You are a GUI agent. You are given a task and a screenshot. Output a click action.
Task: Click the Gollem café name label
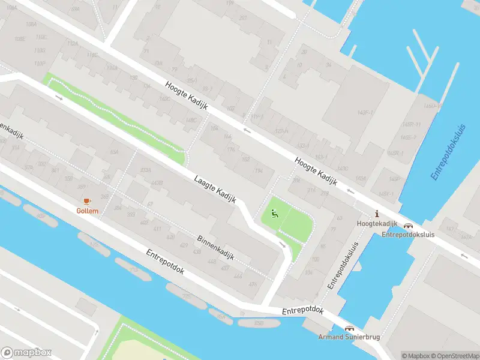(88, 210)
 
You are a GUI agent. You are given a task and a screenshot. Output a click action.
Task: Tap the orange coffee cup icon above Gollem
(86, 200)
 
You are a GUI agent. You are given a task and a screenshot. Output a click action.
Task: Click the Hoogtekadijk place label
(377, 223)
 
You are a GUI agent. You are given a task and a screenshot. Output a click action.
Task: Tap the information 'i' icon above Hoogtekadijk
(377, 214)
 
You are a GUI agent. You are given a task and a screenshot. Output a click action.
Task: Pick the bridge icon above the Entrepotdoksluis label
(409, 226)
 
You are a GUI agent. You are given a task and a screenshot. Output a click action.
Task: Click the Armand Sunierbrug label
(349, 337)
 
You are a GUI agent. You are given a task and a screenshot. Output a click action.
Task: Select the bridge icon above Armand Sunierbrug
(349, 328)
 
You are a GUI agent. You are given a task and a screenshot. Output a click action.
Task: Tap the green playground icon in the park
(275, 212)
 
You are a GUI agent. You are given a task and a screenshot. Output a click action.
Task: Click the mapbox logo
(26, 353)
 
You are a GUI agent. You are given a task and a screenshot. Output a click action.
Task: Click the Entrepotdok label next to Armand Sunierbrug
(303, 311)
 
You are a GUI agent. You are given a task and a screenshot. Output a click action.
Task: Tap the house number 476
(253, 284)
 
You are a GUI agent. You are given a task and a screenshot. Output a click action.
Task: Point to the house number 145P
(394, 179)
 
